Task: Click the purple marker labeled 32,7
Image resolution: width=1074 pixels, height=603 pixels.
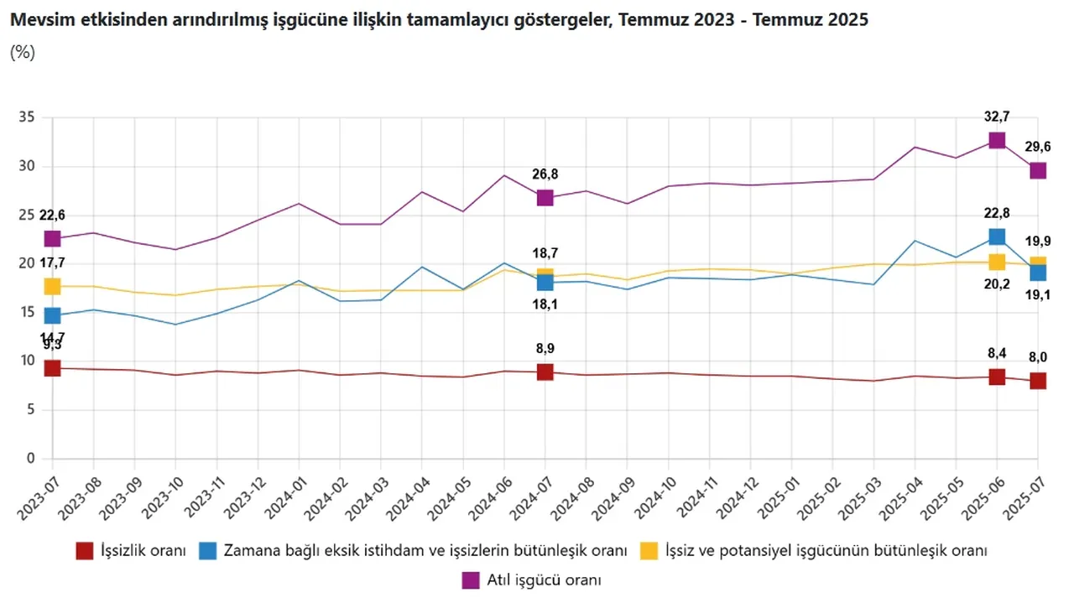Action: [x=997, y=140]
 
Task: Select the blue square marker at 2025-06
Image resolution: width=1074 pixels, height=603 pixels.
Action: [x=997, y=237]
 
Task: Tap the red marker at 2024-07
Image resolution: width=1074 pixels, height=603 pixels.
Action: [x=545, y=372]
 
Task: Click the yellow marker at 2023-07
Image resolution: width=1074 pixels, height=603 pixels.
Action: [x=52, y=287]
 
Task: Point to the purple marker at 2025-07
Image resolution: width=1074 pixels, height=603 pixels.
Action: [x=1038, y=170]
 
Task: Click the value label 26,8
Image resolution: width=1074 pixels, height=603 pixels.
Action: [x=545, y=174]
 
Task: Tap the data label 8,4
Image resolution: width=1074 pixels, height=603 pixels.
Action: [x=997, y=353]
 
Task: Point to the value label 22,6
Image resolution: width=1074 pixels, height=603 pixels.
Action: [x=52, y=216]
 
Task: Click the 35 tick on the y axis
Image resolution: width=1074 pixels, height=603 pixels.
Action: [x=27, y=117]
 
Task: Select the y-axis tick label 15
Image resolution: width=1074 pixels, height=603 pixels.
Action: [x=27, y=312]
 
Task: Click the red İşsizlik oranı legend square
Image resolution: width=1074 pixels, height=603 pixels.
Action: [x=84, y=551]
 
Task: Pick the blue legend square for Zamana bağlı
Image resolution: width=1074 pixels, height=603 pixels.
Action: [x=207, y=551]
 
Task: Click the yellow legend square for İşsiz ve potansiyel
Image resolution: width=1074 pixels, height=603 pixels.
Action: [x=648, y=551]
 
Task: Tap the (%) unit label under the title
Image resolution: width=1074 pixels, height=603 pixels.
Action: [x=23, y=52]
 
